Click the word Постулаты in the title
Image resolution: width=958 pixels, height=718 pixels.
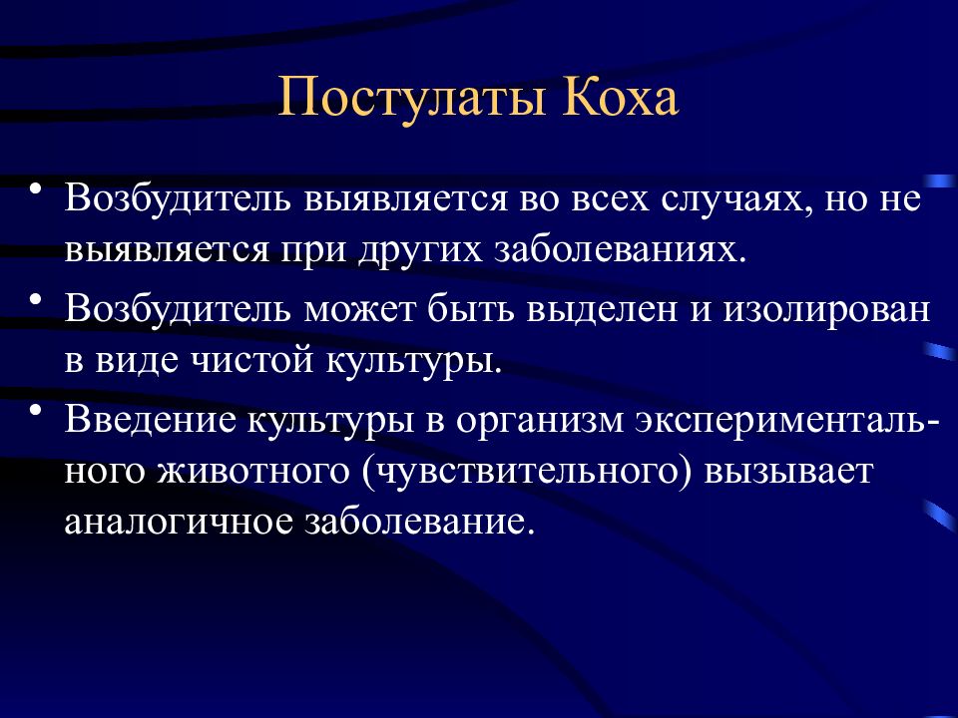coord(413,98)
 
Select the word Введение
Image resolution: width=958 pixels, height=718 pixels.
coord(150,421)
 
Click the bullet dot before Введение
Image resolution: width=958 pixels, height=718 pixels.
coord(36,409)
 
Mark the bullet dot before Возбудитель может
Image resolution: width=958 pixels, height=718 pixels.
coord(36,299)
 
